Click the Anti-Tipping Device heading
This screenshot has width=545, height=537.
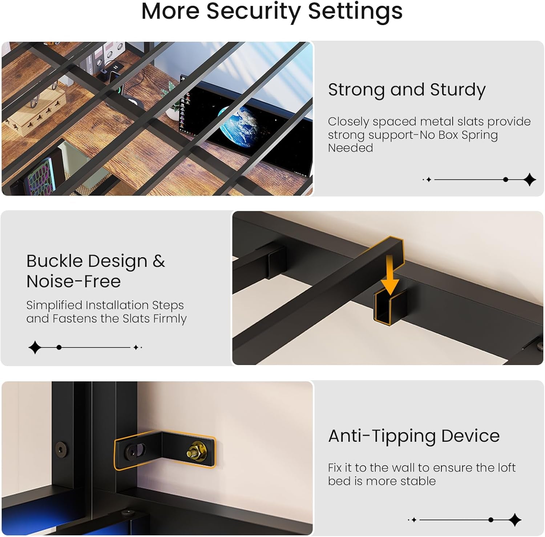(x=414, y=436)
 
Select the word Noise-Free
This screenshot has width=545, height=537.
(x=73, y=281)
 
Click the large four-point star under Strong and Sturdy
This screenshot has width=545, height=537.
(x=530, y=180)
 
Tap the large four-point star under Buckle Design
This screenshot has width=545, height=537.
(x=35, y=347)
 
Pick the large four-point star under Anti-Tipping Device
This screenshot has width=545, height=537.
(x=515, y=520)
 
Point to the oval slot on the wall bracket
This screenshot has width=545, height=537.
(x=136, y=451)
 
